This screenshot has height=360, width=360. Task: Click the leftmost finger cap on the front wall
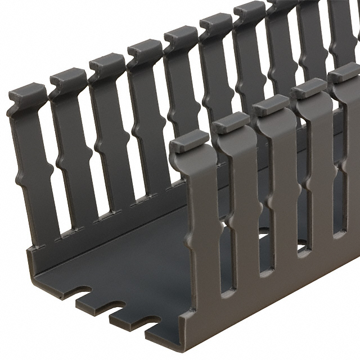(189, 141)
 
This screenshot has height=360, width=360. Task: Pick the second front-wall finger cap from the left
(231, 122)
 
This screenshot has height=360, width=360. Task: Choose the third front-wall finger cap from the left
(271, 105)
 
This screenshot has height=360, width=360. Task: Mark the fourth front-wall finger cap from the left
(309, 88)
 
